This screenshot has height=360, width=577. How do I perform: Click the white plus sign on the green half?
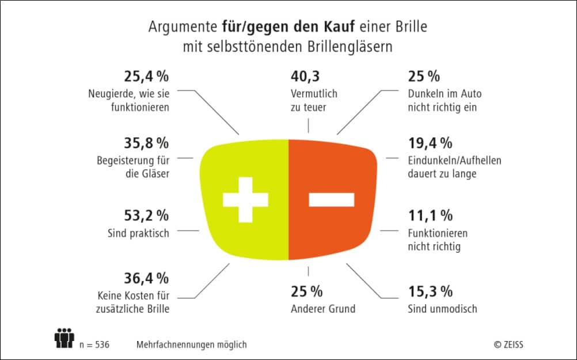pyautogui.click(x=245, y=199)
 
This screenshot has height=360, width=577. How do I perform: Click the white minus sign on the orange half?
pyautogui.click(x=331, y=199)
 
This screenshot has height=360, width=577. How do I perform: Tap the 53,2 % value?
pyautogui.click(x=146, y=216)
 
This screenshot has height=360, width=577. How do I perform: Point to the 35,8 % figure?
pyautogui.click(x=146, y=143)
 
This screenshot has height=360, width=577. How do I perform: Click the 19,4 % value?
pyautogui.click(x=430, y=143)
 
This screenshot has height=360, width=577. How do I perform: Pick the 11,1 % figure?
pyautogui.click(x=430, y=216)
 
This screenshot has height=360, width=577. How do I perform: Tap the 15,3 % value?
pyautogui.click(x=430, y=291)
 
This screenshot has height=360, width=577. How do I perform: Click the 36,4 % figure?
pyautogui.click(x=146, y=278)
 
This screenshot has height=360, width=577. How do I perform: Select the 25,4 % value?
pyautogui.click(x=146, y=77)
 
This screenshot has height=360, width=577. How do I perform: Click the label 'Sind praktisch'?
pyautogui.click(x=138, y=234)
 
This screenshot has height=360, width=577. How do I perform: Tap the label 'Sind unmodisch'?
pyautogui.click(x=442, y=309)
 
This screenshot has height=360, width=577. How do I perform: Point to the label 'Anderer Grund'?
pyautogui.click(x=324, y=309)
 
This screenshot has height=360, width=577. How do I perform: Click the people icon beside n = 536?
pyautogui.click(x=64, y=338)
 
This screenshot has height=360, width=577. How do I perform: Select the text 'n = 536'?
pyautogui.click(x=94, y=344)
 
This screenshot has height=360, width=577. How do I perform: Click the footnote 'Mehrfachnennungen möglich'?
pyautogui.click(x=191, y=344)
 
